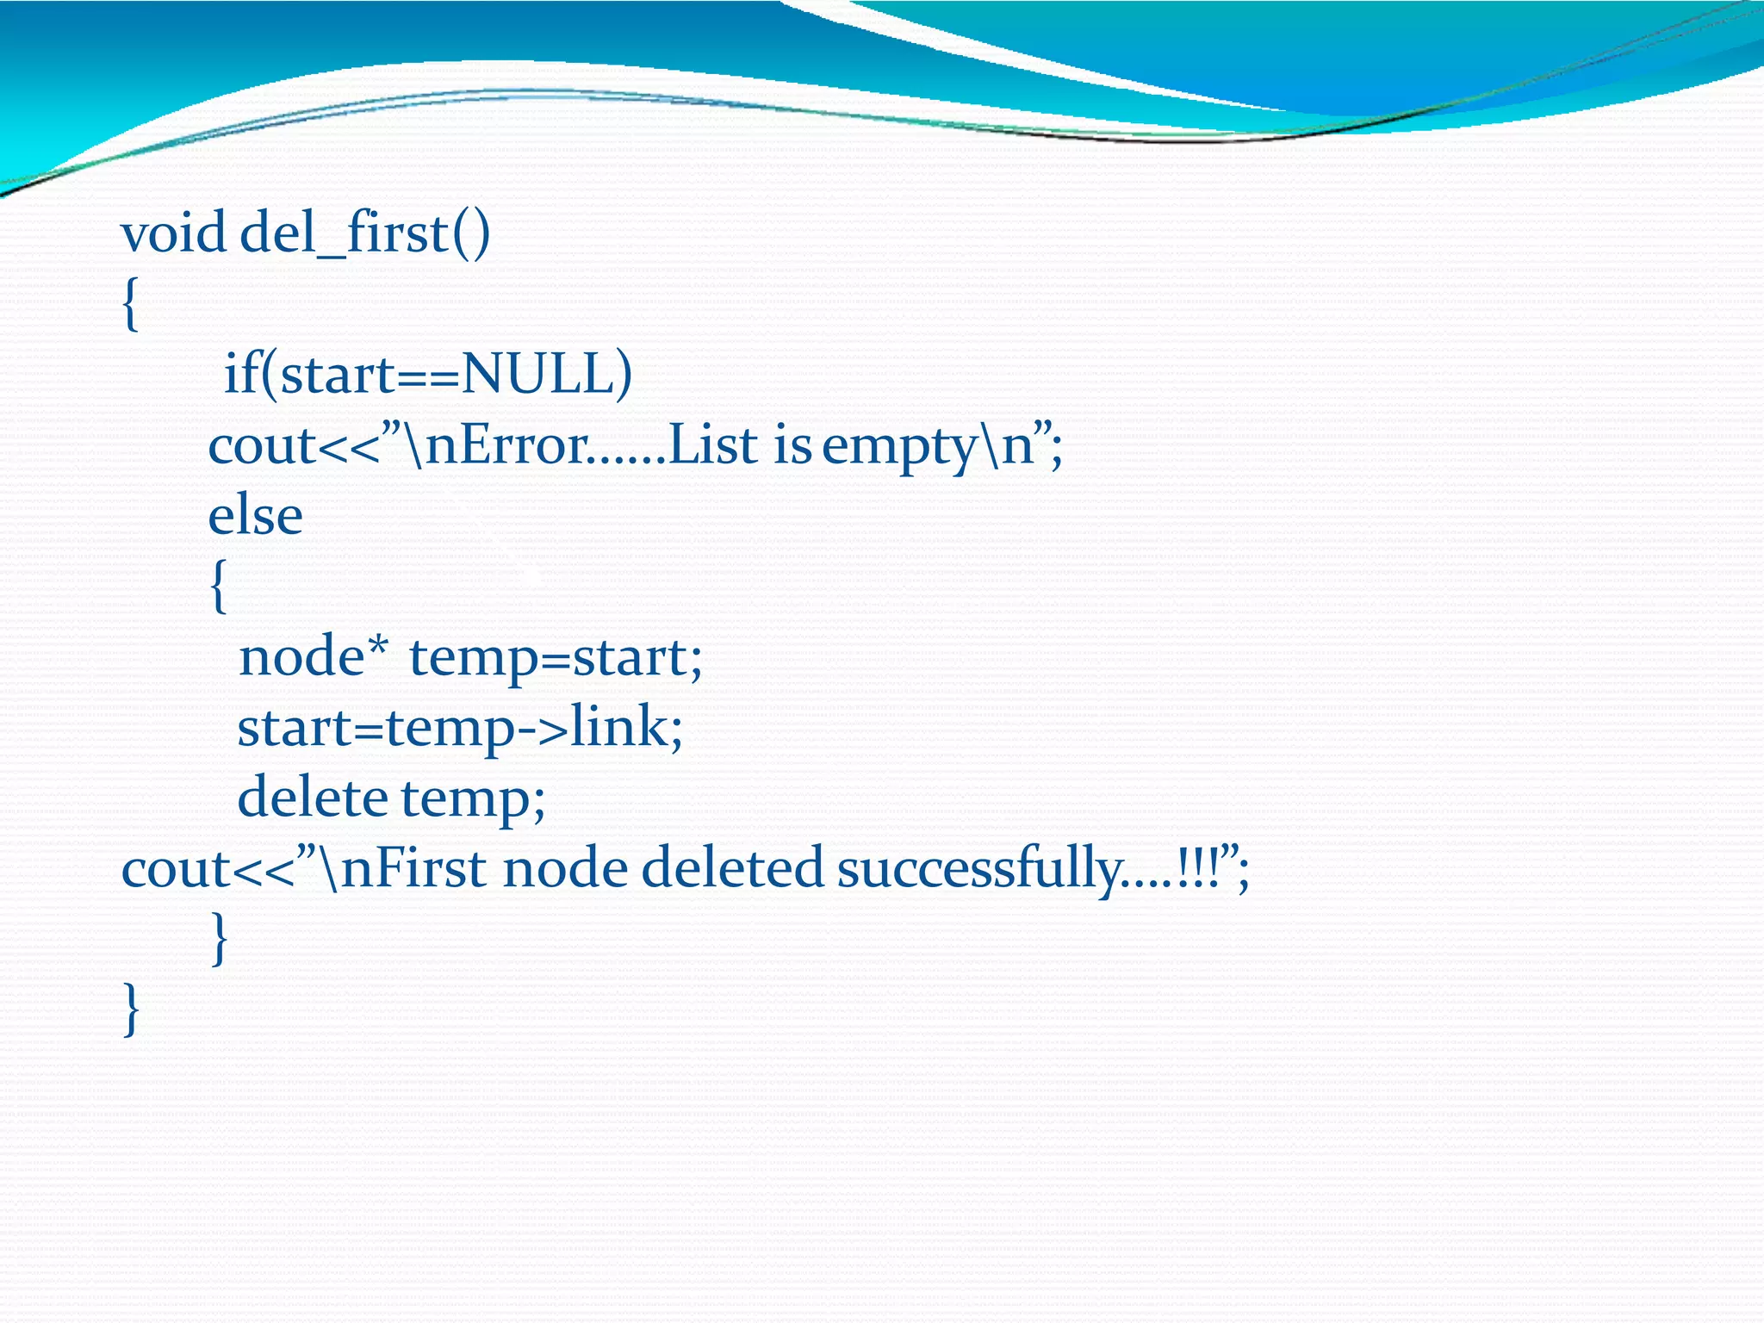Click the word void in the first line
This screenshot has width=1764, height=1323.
(173, 233)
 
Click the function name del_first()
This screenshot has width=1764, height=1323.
(364, 233)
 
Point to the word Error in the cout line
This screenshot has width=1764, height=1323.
(506, 446)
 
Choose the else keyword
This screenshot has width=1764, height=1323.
(255, 517)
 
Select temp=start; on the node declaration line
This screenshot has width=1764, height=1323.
(556, 658)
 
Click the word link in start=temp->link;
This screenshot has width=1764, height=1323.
(618, 728)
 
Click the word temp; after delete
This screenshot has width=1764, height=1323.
(473, 799)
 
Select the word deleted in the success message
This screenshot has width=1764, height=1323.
(732, 868)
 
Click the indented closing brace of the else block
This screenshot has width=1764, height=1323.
(220, 939)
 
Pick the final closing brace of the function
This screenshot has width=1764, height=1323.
(131, 1009)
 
